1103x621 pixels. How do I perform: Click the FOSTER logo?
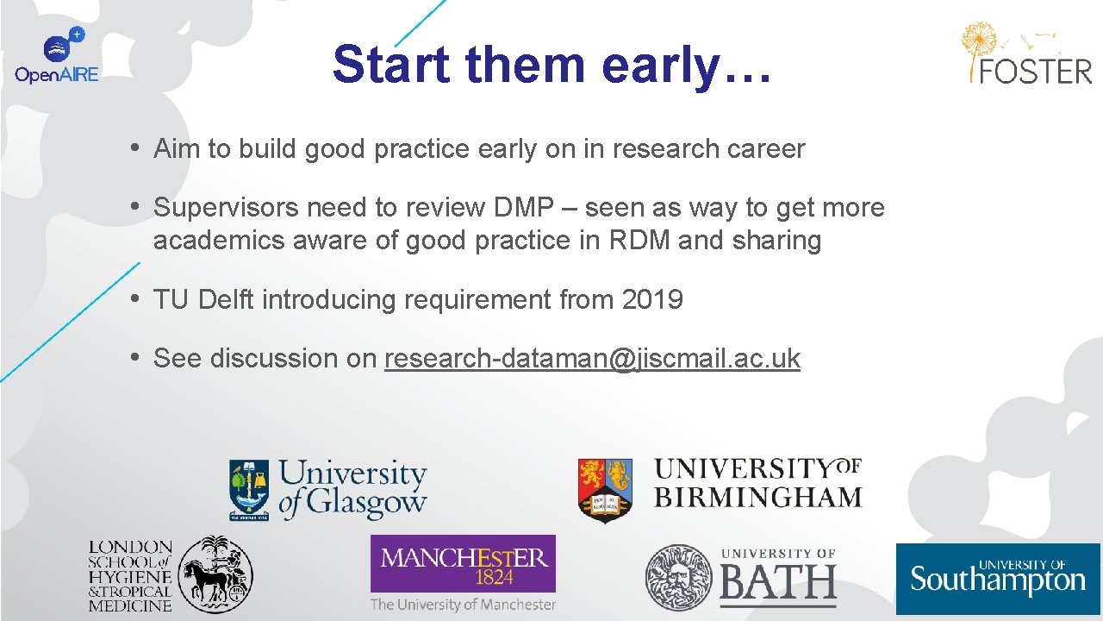(1026, 53)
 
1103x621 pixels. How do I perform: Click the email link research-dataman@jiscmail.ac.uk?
(592, 358)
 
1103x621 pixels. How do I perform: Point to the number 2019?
(651, 300)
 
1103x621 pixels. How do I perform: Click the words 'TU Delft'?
(204, 300)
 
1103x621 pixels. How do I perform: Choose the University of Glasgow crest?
(248, 490)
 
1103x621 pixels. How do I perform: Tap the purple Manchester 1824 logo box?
(463, 563)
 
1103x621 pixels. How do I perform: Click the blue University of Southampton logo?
(998, 578)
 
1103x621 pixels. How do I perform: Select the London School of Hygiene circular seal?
(215, 574)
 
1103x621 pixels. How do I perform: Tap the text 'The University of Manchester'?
(463, 605)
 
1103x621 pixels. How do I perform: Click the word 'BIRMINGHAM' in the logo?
(757, 498)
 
